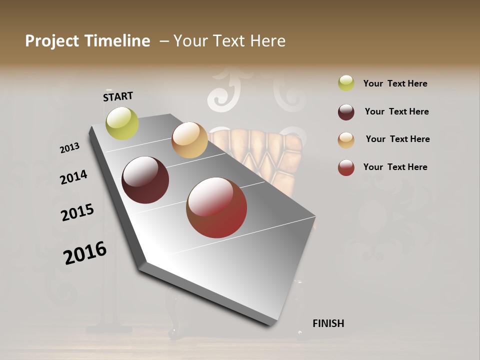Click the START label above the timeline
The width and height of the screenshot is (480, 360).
[x=118, y=96]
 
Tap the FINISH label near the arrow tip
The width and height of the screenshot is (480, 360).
[x=328, y=323]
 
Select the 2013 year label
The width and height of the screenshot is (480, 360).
[x=69, y=148]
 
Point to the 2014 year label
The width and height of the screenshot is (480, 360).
[x=73, y=177]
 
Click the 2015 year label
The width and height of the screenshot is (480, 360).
[x=77, y=212]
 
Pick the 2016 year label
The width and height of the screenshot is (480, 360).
[x=85, y=252]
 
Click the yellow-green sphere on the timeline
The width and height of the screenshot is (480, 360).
[x=122, y=123]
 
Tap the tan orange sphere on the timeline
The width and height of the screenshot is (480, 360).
[x=189, y=140]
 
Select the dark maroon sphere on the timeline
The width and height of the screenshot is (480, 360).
[x=145, y=180]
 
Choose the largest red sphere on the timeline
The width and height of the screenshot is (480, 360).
[x=216, y=207]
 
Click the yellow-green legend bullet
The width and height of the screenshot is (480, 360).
[x=346, y=83]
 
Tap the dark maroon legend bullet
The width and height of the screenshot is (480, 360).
[x=346, y=112]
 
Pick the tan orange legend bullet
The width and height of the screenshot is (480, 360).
[x=346, y=140]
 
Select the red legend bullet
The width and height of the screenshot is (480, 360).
[x=346, y=167]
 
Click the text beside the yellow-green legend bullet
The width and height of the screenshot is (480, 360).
[x=395, y=83]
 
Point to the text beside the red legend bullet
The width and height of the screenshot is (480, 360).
[x=395, y=167]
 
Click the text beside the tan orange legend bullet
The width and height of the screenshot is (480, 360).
[x=397, y=139]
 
